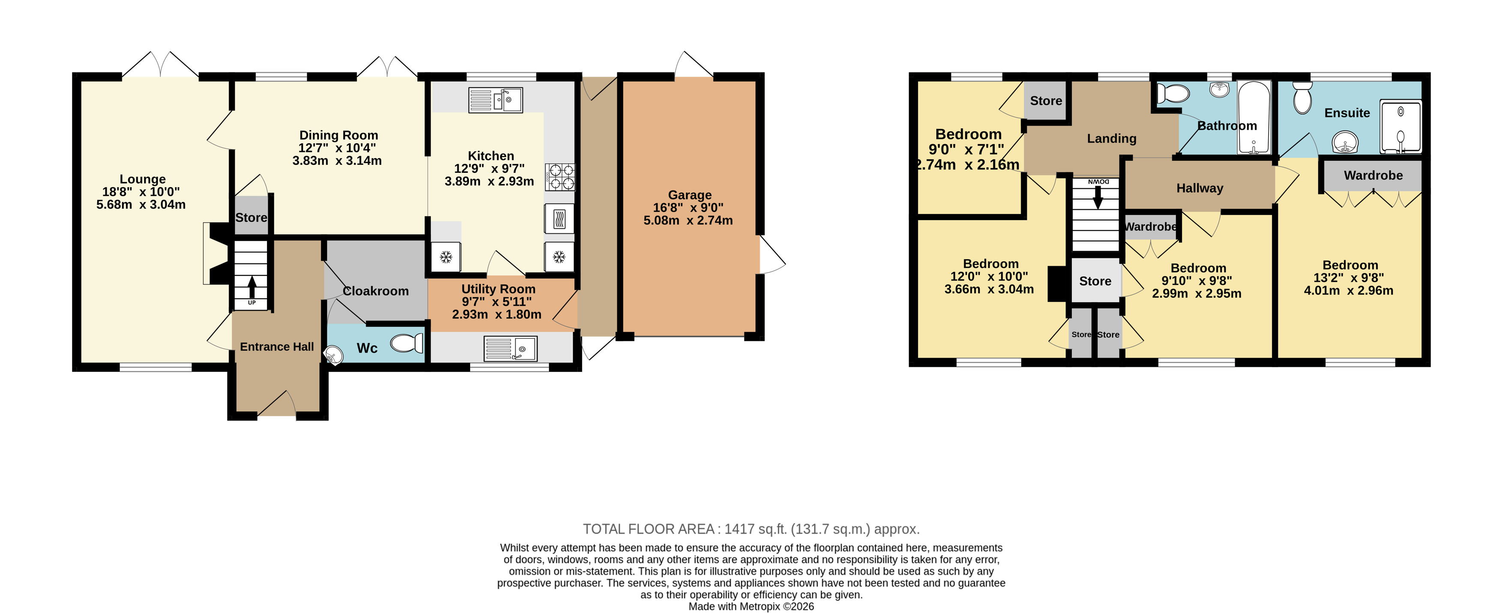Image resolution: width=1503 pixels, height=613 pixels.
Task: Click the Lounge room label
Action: (x=142, y=179)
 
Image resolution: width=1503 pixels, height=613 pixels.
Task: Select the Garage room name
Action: (x=690, y=195)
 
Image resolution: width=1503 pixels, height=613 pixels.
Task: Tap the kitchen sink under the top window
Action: (x=495, y=100)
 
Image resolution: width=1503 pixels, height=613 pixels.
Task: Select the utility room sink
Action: (x=510, y=348)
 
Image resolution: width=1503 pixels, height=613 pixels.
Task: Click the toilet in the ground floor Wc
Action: (x=407, y=343)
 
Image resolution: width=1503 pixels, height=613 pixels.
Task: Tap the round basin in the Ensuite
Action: (x=1345, y=142)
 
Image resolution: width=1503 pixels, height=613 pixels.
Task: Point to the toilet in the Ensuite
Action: (x=1302, y=97)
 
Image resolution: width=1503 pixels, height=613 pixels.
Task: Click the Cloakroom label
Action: (x=376, y=291)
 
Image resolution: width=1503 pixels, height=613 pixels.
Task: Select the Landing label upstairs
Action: (x=1111, y=139)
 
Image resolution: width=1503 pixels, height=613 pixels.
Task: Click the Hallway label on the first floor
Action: (x=1200, y=188)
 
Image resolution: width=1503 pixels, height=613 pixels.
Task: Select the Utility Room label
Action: (x=498, y=289)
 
